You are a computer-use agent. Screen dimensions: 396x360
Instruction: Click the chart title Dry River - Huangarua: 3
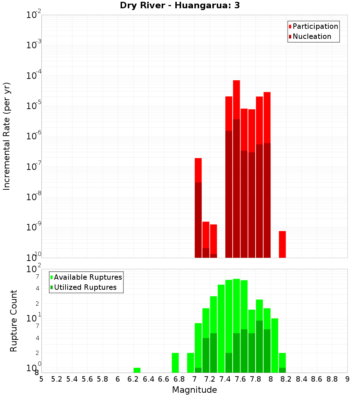click(180, 6)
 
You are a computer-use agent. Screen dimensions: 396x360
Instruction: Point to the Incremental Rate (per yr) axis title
click(6, 136)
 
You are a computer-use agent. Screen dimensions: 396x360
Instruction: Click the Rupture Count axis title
click(14, 321)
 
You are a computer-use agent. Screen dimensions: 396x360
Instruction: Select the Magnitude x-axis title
click(194, 390)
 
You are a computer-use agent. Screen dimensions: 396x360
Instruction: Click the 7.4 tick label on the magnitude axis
click(225, 379)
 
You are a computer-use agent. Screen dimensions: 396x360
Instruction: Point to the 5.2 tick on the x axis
click(57, 379)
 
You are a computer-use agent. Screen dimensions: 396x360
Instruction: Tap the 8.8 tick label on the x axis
click(332, 379)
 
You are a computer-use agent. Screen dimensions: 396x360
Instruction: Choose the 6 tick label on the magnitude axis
click(118, 379)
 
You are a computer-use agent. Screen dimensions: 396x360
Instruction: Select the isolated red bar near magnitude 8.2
click(282, 244)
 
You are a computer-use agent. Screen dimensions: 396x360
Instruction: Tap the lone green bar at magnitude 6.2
click(137, 370)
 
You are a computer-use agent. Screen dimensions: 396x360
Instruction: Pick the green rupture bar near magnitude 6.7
click(175, 363)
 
